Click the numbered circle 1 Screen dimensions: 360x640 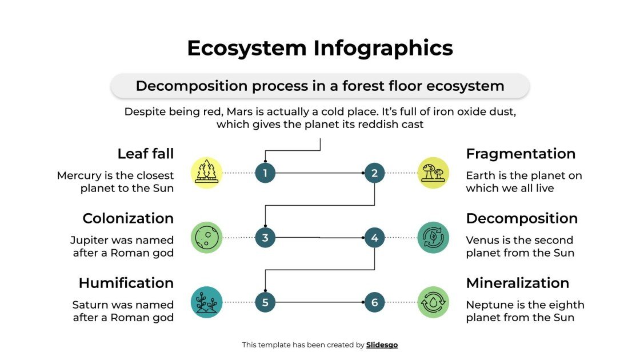[265, 173]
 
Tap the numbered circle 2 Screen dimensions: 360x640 [374, 173]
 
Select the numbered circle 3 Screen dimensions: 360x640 [265, 237]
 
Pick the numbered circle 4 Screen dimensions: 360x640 [374, 237]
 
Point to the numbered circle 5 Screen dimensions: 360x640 [265, 302]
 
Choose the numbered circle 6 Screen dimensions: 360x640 [374, 302]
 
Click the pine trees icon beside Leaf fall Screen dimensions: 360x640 [206, 173]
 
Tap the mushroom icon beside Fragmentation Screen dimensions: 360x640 [433, 173]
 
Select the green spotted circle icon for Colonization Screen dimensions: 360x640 [206, 237]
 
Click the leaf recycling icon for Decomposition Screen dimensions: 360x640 [433, 237]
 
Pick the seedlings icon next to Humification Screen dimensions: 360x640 [206, 302]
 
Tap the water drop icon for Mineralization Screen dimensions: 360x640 [433, 302]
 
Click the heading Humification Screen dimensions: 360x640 [126, 283]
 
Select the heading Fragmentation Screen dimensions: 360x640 [521, 154]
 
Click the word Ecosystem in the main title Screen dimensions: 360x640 [247, 48]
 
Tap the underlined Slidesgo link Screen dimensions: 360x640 [382, 345]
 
